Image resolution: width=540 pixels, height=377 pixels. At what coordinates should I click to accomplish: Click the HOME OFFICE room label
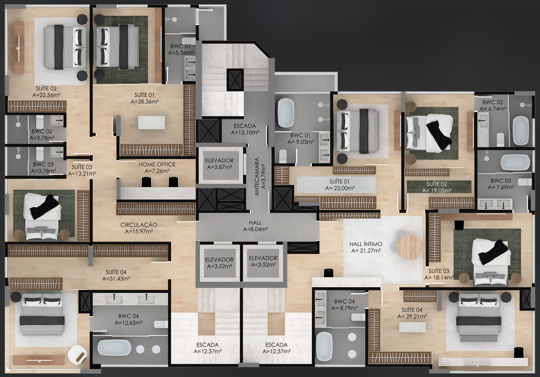point(157,164)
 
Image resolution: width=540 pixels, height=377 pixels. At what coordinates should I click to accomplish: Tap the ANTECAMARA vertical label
point(257,177)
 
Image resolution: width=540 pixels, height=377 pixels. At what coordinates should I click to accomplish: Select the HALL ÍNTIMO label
point(366,244)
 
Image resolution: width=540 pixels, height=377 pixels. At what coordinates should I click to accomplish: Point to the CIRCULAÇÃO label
point(139,225)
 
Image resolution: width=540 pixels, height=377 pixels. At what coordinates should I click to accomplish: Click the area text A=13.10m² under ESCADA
point(245,132)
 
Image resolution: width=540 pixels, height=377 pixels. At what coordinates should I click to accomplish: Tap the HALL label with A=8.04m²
point(255,223)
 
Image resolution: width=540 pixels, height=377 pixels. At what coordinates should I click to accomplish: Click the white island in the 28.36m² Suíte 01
point(151,123)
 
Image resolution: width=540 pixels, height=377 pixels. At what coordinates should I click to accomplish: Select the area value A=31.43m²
point(116,279)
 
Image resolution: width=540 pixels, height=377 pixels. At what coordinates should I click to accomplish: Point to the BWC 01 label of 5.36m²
point(180,46)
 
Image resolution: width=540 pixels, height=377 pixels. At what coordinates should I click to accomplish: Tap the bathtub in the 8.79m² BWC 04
point(324,347)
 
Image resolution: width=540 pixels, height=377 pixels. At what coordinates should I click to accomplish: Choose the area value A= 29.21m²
point(412,317)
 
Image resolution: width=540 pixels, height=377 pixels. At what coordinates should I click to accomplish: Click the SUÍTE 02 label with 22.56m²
point(46,89)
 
